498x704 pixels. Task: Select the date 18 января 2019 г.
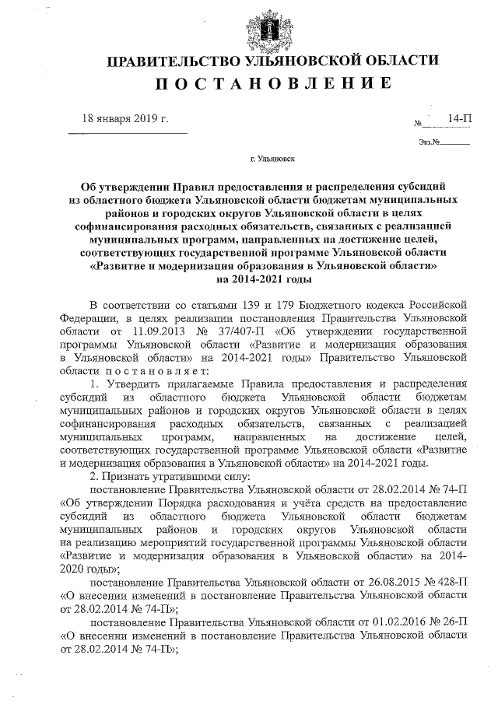(126, 119)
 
